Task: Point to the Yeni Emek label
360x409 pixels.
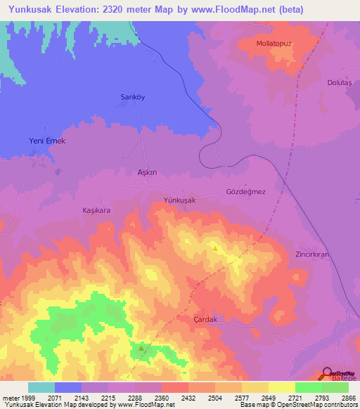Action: point(47,141)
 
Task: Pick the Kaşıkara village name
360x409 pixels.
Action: point(97,210)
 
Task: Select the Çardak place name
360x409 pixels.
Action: point(207,319)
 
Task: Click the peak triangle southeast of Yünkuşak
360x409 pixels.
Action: point(215,248)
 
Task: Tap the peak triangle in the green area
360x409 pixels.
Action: point(142,347)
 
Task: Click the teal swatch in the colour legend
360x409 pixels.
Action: point(41,387)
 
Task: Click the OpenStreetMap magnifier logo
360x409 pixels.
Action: point(328,373)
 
